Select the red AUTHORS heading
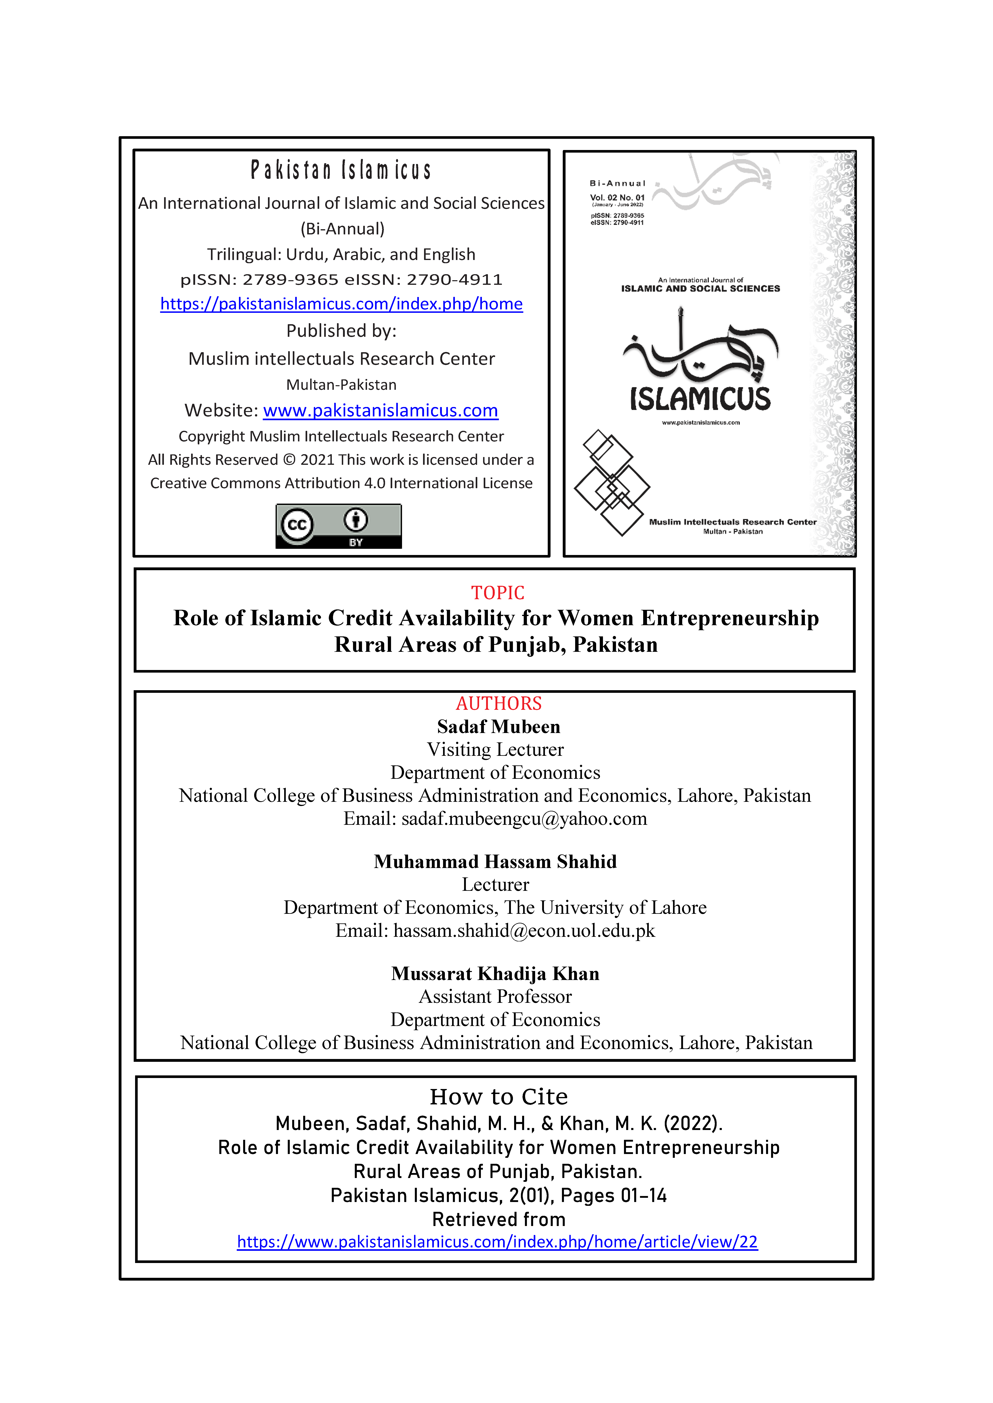pos(498,703)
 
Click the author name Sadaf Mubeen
pos(498,727)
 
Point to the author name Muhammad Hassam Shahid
pos(495,862)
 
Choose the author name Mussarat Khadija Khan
pos(495,973)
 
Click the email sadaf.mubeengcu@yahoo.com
pos(524,819)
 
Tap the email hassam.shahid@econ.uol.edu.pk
pos(524,931)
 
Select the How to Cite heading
pos(498,1097)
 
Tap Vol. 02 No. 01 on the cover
pos(617,197)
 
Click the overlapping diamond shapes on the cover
pos(611,483)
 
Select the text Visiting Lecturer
pos(495,750)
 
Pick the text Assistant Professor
pos(495,997)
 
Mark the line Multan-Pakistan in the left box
pos(341,384)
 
